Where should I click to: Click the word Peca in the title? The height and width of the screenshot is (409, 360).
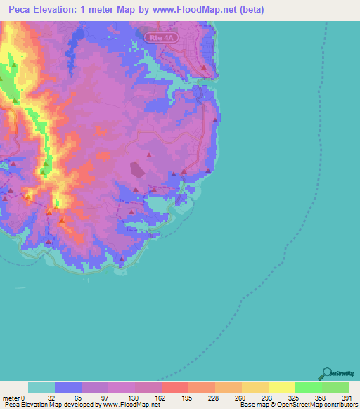(x=22, y=10)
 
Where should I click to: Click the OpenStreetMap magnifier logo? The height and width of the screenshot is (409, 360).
(x=328, y=373)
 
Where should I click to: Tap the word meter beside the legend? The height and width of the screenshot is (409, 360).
(x=10, y=398)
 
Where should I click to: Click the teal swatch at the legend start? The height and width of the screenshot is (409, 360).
(x=41, y=387)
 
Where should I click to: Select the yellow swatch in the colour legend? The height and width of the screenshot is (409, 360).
(x=281, y=387)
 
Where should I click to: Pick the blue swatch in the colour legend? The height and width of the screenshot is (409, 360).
(x=68, y=387)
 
